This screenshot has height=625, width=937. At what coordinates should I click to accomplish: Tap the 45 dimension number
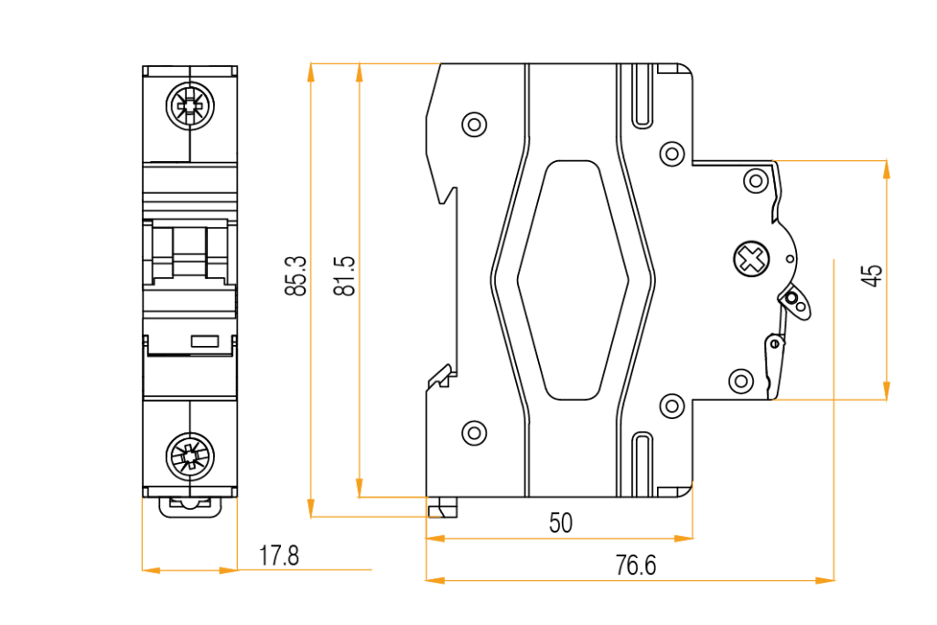tap(873, 275)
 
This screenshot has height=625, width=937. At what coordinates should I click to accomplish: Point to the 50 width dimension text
tap(560, 523)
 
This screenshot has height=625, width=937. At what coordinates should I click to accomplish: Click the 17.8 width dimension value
tap(279, 555)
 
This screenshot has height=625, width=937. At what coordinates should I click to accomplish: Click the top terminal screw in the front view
tap(189, 107)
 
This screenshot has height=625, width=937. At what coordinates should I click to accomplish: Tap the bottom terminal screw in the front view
tap(189, 455)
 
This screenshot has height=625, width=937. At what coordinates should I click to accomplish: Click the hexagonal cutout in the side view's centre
tap(573, 280)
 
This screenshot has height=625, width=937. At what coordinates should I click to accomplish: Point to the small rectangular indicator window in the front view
tap(205, 341)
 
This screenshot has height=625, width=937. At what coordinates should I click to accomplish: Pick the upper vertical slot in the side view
tap(643, 95)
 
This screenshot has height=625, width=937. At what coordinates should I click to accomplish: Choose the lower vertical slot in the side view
tap(643, 465)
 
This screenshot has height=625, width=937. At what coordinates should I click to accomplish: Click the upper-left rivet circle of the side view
tap(474, 124)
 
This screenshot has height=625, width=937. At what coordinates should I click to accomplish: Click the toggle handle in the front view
tap(189, 253)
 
